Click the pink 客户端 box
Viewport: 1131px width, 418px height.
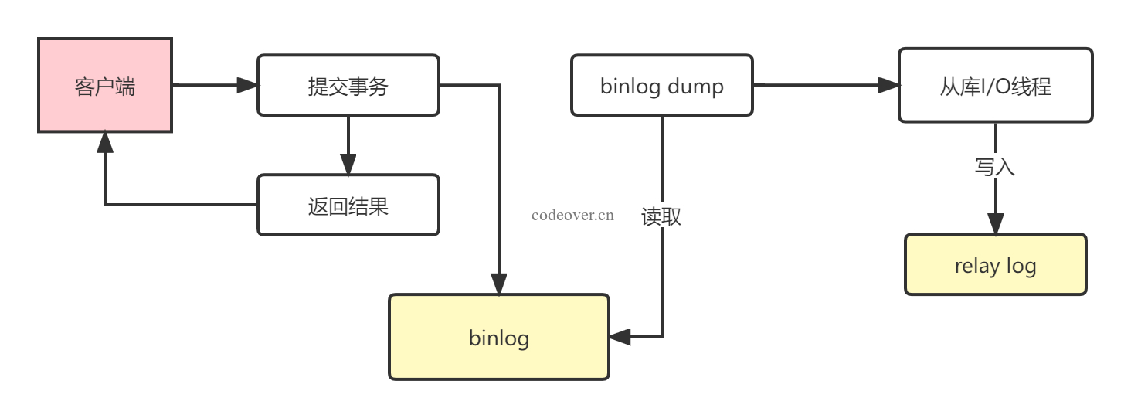(105, 85)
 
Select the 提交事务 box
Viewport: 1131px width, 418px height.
(348, 85)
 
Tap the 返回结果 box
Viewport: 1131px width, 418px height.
(348, 205)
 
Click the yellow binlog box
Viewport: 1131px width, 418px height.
(499, 337)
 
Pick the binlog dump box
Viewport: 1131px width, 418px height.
(662, 85)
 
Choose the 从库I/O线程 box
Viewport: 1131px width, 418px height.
(996, 85)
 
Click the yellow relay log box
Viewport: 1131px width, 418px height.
(996, 264)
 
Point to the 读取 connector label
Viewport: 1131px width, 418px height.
(661, 216)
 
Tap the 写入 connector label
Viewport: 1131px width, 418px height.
(995, 167)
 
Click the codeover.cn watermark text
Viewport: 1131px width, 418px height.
(572, 216)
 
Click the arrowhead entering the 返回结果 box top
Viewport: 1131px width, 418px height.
(348, 165)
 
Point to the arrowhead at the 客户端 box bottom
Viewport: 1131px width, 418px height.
(105, 142)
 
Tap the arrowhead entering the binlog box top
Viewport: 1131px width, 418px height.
(499, 284)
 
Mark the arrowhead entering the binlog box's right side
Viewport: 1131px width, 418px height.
(620, 337)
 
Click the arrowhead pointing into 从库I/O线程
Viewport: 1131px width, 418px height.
(888, 85)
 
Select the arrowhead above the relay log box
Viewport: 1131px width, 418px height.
(996, 224)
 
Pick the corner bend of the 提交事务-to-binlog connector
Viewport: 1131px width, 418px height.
(499, 85)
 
